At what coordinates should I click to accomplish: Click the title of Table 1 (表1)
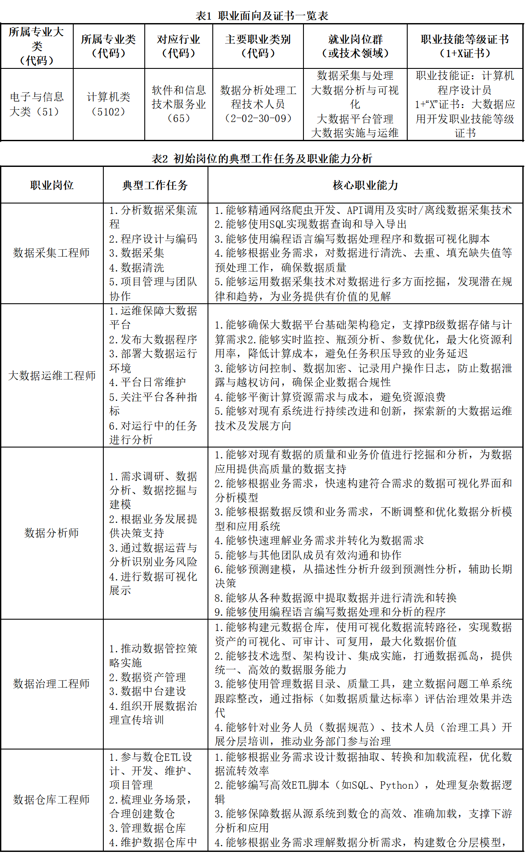262,16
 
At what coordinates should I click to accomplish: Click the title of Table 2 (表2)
262,159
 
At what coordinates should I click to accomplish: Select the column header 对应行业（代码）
178,46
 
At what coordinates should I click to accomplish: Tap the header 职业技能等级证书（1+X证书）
465,46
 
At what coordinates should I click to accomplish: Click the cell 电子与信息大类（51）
37,104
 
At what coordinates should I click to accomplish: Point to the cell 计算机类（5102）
109,104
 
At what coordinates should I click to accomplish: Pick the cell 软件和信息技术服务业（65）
178,104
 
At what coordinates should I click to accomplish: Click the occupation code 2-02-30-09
258,118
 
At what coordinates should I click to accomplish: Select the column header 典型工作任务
155,186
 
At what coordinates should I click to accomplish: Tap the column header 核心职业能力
365,186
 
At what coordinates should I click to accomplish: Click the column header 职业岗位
52,186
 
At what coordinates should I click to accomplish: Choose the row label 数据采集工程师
52,253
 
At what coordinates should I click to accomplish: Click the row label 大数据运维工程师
52,376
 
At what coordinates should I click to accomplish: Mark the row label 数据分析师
52,533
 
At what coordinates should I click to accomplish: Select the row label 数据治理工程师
52,684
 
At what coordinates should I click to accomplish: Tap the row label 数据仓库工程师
52,800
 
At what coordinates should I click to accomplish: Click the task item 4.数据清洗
137,268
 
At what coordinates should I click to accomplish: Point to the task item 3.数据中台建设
148,692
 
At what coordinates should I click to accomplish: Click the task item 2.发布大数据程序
153,339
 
